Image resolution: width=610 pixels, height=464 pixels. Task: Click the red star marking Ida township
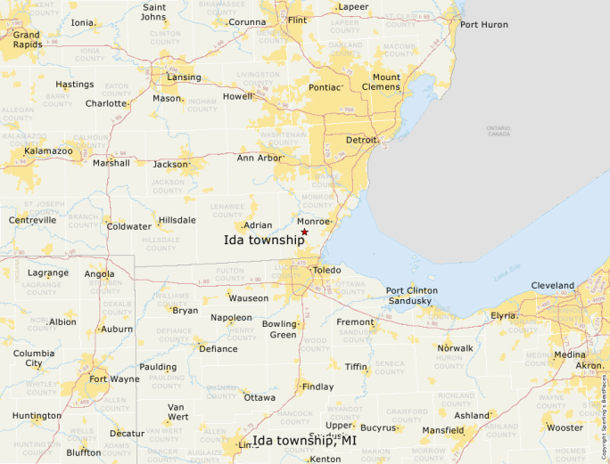point(304,232)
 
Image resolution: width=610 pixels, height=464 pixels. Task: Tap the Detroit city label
point(361,141)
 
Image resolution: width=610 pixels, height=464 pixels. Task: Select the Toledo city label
point(326,269)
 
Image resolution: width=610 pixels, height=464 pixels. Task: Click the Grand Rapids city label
point(27,40)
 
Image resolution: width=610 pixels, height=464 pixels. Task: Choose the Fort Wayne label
point(114,379)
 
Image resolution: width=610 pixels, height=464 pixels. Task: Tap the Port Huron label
point(483,24)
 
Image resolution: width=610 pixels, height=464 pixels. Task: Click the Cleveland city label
point(552,286)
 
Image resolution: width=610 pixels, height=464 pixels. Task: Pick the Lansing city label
point(184,77)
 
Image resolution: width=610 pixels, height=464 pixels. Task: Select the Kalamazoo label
point(47,152)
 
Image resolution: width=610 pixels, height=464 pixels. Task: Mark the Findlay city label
point(318,387)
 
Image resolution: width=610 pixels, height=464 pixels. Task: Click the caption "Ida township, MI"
point(304,441)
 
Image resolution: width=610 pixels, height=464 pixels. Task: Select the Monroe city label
point(314,220)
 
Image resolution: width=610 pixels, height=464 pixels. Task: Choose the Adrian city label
point(258,225)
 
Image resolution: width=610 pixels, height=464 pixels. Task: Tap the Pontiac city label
point(325,87)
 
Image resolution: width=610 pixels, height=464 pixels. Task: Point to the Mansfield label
point(442,430)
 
